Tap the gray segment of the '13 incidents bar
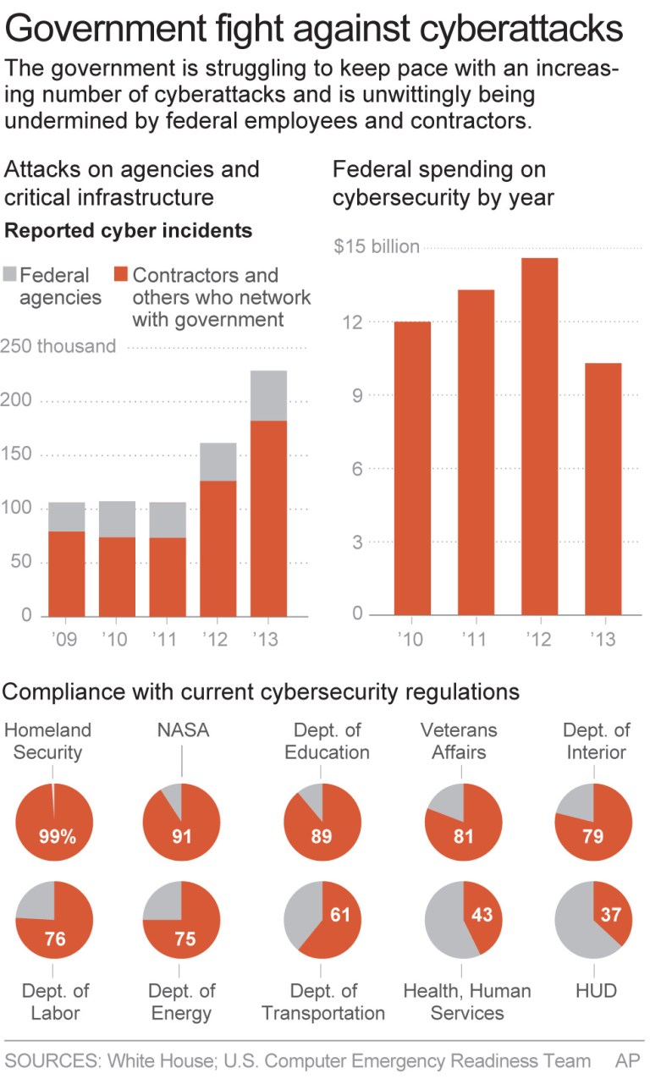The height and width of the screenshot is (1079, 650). tap(268, 395)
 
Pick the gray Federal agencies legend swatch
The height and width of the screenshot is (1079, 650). tap(10, 275)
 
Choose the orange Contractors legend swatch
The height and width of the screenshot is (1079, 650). tap(121, 275)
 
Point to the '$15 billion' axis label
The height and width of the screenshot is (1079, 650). tap(376, 246)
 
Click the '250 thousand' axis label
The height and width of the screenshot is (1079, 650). tap(59, 346)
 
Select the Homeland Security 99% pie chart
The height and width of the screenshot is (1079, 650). tap(54, 823)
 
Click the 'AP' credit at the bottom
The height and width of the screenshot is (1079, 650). tap(628, 1060)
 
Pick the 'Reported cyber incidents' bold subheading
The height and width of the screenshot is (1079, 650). tap(129, 230)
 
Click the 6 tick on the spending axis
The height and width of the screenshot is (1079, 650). tap(358, 468)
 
